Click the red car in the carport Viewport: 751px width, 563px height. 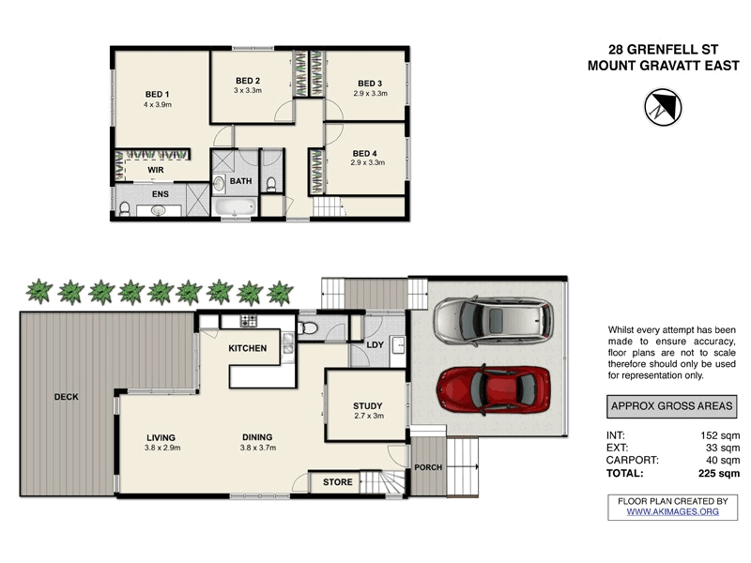pos(494,387)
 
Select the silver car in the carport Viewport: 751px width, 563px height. pos(493,321)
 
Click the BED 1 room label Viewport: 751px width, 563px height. pos(157,94)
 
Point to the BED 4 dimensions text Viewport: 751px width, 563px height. pos(369,163)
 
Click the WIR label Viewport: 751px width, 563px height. pos(156,170)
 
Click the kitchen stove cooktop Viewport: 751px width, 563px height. pos(249,322)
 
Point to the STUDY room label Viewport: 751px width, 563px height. pos(368,405)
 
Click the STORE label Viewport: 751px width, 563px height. pos(338,482)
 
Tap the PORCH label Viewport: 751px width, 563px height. pos(428,466)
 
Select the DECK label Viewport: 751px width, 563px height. pos(66,397)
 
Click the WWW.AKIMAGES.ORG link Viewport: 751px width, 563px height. pos(672,511)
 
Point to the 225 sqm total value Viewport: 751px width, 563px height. pos(716,474)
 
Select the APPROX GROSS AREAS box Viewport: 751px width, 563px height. pos(671,406)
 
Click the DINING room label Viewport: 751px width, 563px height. pos(257,437)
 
